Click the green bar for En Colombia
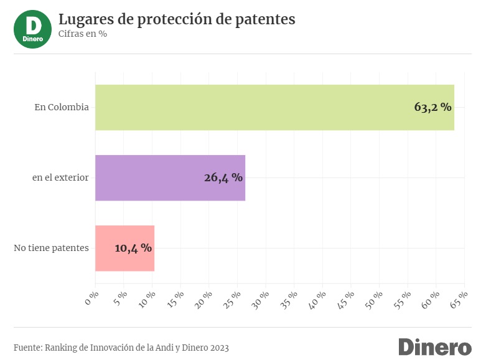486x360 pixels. pyautogui.click(x=274, y=107)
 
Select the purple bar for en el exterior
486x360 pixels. pyautogui.click(x=170, y=178)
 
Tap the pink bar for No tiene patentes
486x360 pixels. pyautogui.click(x=124, y=248)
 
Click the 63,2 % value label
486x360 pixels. pyautogui.click(x=432, y=107)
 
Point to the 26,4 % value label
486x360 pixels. pyautogui.click(x=223, y=178)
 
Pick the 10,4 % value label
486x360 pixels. pyautogui.click(x=133, y=248)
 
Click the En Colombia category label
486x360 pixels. pyautogui.click(x=62, y=107)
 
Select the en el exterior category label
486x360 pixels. pyautogui.click(x=60, y=178)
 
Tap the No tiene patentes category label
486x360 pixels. pyautogui.click(x=51, y=248)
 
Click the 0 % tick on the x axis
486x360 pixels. pyautogui.click(x=91, y=298)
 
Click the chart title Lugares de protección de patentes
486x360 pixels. pyautogui.click(x=177, y=19)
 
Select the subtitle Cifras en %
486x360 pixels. pyautogui.click(x=83, y=34)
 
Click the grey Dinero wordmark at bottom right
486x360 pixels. pyautogui.click(x=435, y=347)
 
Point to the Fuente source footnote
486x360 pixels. pyautogui.click(x=121, y=348)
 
